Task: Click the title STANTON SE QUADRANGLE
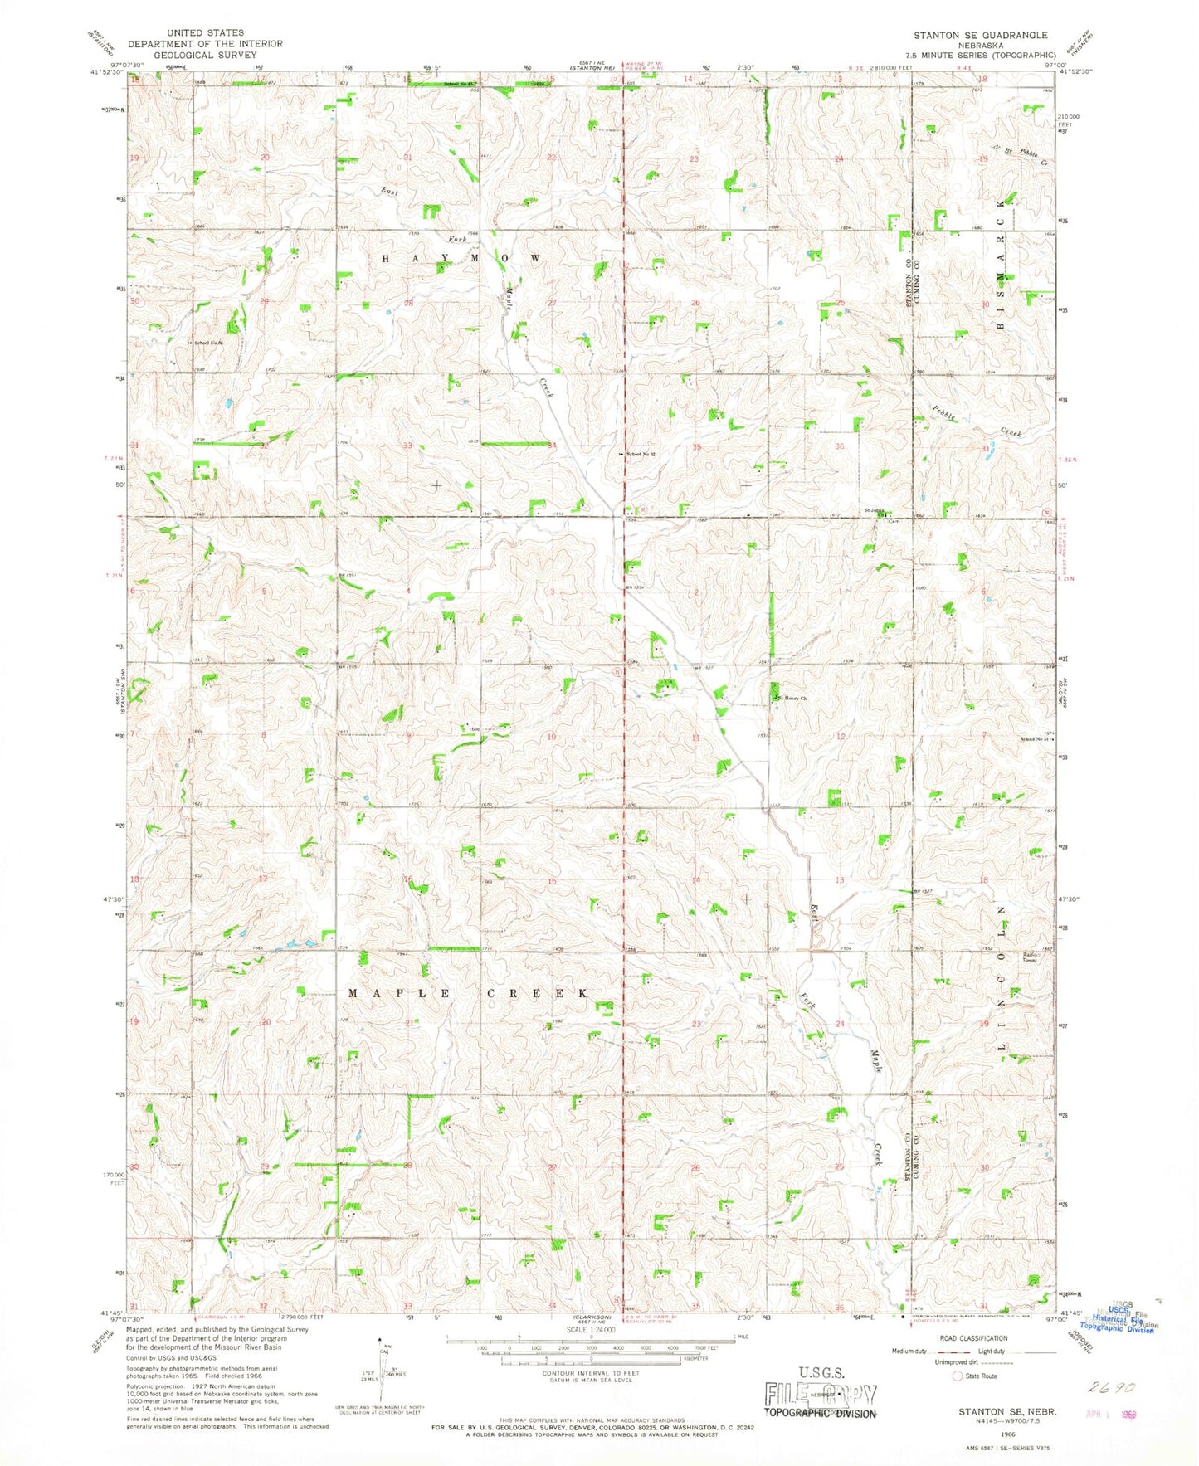pos(980,35)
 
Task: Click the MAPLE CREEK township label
pos(469,993)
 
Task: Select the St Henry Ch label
pos(792,699)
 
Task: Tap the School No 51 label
pos(1038,739)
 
